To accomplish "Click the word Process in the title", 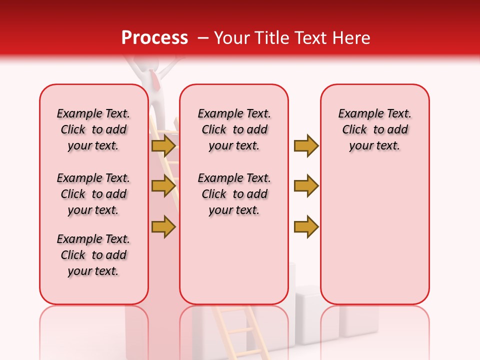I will click(x=154, y=37).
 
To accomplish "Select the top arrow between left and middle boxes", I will click(x=163, y=145).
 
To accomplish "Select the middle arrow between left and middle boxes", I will click(x=163, y=186).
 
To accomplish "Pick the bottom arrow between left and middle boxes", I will click(x=163, y=226).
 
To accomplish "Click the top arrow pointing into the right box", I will click(x=306, y=145).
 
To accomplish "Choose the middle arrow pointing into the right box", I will click(x=306, y=186).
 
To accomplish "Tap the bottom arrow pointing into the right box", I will click(x=306, y=226).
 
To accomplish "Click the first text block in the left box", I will click(x=93, y=129).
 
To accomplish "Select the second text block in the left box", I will click(x=93, y=194).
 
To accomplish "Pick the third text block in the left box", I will click(x=93, y=255).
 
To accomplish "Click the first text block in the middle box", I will click(x=234, y=129).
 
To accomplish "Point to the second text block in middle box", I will click(x=234, y=194).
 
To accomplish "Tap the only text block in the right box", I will click(x=374, y=129).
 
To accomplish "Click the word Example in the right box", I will click(x=356, y=114).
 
